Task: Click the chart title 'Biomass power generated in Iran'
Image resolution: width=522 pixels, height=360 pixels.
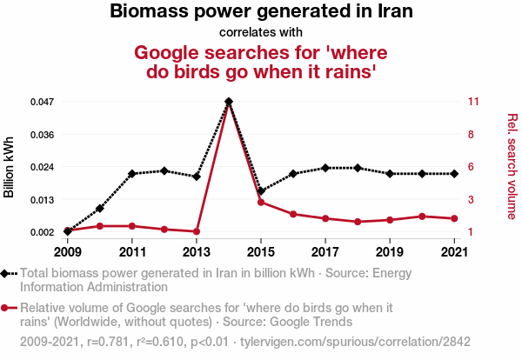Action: point(261,12)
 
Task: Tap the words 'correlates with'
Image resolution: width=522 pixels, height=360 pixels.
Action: point(261,34)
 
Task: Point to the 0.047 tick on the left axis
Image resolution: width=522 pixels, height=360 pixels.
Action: point(43,102)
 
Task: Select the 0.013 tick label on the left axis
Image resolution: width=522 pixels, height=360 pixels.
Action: point(43,200)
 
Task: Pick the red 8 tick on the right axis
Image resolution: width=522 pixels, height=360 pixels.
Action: point(471,135)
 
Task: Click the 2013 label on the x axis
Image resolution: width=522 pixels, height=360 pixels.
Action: point(197,252)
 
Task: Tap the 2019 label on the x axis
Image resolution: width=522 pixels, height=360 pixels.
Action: point(389,252)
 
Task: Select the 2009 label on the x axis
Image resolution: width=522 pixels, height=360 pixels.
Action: point(68,252)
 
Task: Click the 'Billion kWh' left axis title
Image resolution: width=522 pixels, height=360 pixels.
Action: point(10,167)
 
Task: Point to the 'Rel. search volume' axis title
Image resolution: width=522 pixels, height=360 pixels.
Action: point(512,166)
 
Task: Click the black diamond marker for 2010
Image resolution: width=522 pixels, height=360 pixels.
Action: point(100,209)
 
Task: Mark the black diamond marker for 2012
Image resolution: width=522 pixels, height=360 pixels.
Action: point(164,170)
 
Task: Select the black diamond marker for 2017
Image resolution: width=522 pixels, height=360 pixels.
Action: point(325,168)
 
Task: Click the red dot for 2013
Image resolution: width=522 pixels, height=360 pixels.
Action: point(197,231)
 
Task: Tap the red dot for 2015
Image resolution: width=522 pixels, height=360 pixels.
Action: point(261,203)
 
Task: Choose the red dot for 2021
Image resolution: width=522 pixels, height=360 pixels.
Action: point(453,218)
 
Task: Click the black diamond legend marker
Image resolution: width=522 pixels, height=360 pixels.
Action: point(7,273)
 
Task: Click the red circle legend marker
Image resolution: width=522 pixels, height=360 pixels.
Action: point(7,308)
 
